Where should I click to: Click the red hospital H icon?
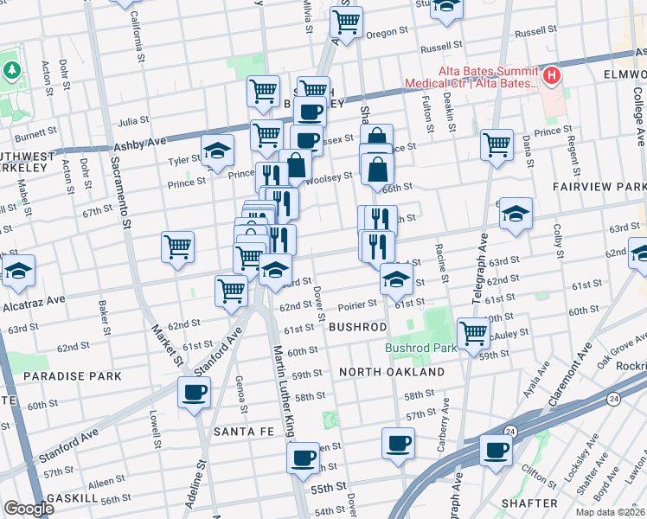[x=550, y=74]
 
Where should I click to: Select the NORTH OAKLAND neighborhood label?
[x=391, y=372]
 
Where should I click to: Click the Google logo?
[x=29, y=509]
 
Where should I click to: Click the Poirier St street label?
[x=357, y=304]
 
